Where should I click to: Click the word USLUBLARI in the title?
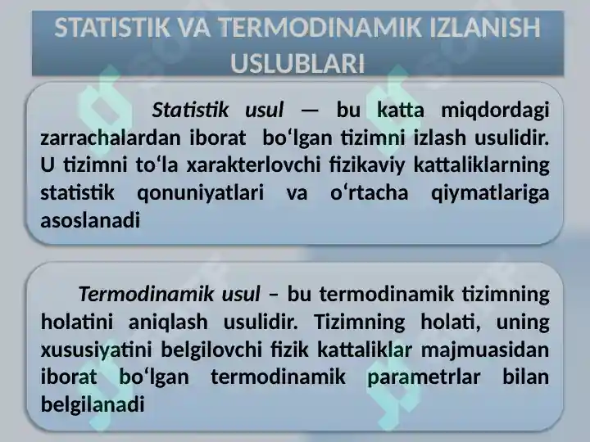(297, 63)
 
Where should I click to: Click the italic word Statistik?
(190, 110)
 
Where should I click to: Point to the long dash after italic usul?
(310, 111)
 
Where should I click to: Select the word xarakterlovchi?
(253, 165)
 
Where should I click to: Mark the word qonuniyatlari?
(200, 194)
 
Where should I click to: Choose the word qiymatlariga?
(490, 194)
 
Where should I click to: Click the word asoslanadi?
(90, 220)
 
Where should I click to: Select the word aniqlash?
(168, 322)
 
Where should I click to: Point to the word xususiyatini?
(97, 350)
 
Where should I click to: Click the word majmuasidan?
(485, 350)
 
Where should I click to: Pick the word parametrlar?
(424, 378)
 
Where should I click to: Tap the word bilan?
(526, 377)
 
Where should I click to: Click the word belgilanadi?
(93, 405)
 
